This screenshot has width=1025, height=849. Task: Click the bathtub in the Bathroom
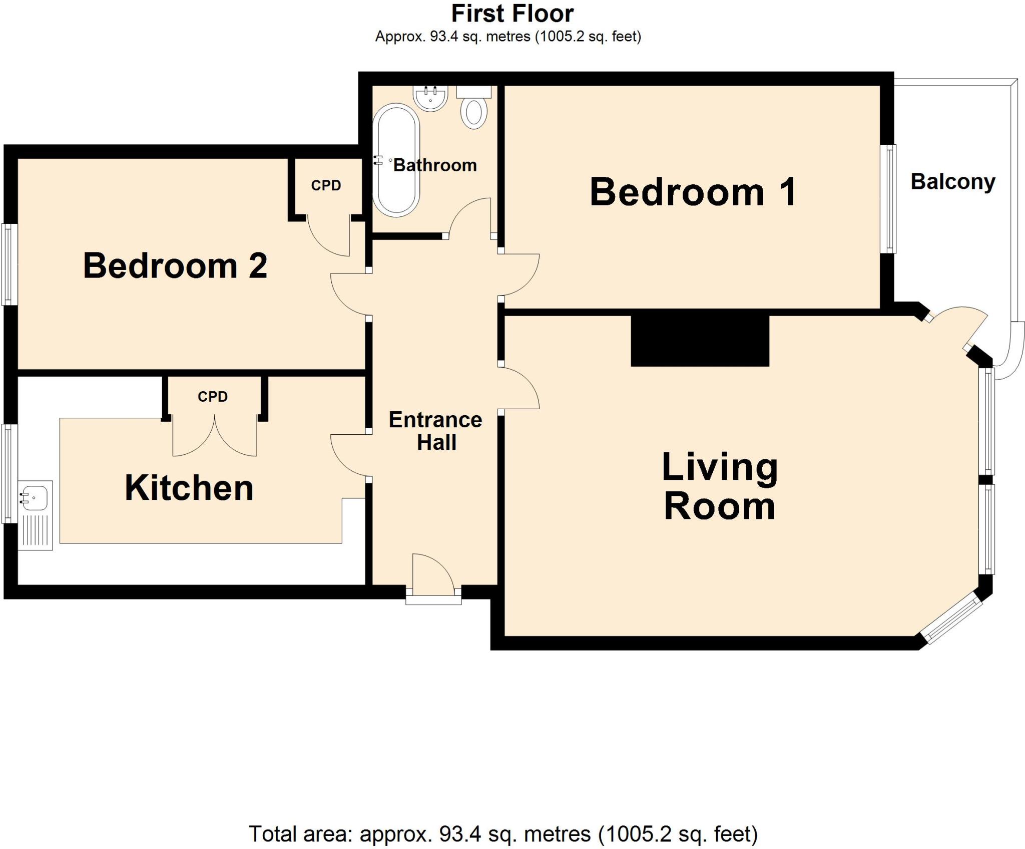(396, 160)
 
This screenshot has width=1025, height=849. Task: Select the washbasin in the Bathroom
(430, 98)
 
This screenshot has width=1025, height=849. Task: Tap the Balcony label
(952, 181)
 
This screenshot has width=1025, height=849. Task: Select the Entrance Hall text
(435, 431)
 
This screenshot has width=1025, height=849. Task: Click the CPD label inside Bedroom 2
(326, 185)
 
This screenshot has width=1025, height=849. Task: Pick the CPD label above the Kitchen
(213, 397)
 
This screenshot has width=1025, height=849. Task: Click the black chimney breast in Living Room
(700, 341)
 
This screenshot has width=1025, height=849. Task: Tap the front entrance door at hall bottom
(433, 576)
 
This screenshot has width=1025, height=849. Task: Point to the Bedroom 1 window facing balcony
(888, 198)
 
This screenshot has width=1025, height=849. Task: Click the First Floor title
(512, 14)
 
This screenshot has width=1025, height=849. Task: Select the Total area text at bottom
(503, 834)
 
